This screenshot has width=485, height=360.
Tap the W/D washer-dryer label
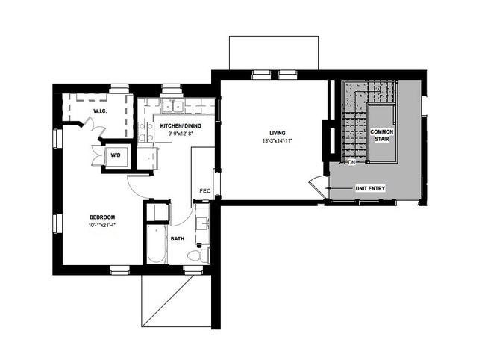(116, 155)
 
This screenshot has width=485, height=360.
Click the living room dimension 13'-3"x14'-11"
(275, 141)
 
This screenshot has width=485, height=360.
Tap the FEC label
(204, 191)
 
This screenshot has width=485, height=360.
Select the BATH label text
(178, 239)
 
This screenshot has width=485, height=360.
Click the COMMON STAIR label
(382, 136)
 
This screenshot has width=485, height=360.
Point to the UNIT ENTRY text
(369, 189)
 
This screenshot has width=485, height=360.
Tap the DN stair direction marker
(350, 162)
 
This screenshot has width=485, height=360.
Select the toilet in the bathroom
(195, 256)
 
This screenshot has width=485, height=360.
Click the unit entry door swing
(318, 183)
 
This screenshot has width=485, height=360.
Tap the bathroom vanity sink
(201, 224)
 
